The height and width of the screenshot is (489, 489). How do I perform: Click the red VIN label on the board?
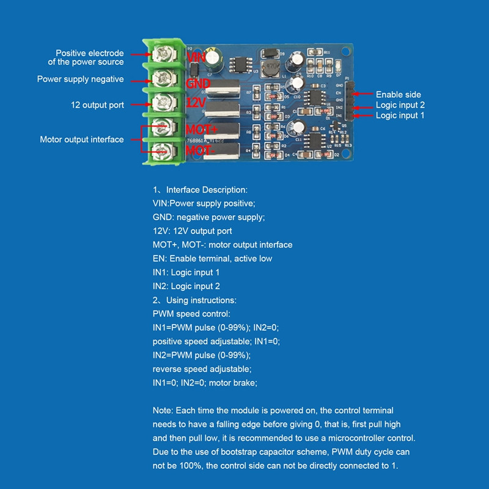[x=197, y=57]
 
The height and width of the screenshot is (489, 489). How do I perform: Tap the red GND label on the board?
[x=197, y=83]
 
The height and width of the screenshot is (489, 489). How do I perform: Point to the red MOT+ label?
[x=202, y=130]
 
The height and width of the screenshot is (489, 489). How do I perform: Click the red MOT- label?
[x=200, y=150]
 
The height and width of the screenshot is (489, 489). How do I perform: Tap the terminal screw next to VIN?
[x=162, y=56]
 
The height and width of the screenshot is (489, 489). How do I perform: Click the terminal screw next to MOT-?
[x=162, y=149]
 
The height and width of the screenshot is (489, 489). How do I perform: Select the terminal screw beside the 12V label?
[x=162, y=101]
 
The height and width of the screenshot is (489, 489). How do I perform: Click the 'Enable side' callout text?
[x=398, y=95]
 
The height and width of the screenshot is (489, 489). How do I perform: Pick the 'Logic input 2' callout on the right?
[x=400, y=105]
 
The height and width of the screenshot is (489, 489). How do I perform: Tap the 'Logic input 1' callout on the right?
[x=400, y=116]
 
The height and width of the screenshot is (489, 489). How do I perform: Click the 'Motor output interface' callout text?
[x=82, y=139]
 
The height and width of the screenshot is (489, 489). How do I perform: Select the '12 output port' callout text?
[x=98, y=105]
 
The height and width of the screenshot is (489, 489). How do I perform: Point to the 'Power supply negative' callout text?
[x=80, y=79]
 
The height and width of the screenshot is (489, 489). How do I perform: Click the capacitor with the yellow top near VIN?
[x=213, y=57]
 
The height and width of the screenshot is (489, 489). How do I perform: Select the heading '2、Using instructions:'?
[x=194, y=300]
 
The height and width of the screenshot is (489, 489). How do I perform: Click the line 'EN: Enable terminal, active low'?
[x=212, y=259]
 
